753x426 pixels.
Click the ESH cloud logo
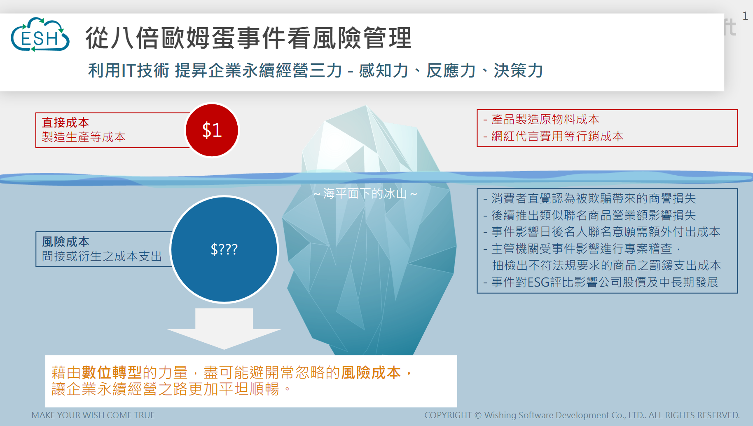40,35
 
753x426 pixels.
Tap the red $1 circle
212,130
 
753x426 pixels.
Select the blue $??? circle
224,249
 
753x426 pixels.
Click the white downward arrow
224,328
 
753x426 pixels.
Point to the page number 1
745,16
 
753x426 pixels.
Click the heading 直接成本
65,122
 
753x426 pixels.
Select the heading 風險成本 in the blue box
65,242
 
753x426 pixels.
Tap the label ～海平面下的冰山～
365,193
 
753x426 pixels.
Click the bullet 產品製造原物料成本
541,119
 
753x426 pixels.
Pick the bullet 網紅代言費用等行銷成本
553,136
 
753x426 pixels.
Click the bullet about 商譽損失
589,198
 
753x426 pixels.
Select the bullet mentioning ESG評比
601,282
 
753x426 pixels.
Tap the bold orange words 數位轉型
112,372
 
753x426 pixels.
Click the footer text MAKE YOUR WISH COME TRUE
93,415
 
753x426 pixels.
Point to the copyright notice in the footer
582,415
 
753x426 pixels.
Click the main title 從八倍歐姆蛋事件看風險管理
248,38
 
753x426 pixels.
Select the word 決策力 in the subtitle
518,71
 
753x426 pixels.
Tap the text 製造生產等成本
84,137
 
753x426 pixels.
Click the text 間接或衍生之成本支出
102,256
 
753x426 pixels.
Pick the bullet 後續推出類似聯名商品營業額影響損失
589,215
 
